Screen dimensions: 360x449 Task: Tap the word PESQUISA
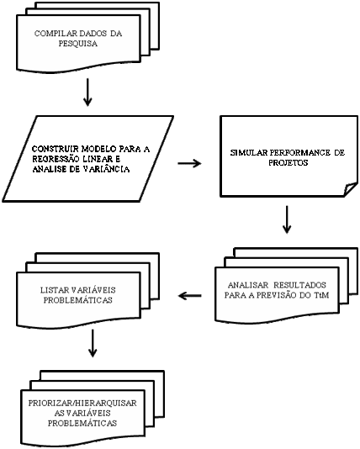[x=78, y=44]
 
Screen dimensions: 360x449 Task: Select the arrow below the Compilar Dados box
[x=87, y=92]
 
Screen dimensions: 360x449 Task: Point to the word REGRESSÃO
[x=56, y=159]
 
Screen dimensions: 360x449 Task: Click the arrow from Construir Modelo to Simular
[x=189, y=163]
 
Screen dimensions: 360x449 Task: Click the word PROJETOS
[x=289, y=162]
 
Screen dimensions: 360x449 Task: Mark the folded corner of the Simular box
[x=351, y=189]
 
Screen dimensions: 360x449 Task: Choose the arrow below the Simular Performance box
[x=287, y=219]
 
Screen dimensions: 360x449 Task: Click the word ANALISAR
[x=248, y=285]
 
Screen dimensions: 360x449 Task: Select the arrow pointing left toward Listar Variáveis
[x=189, y=295]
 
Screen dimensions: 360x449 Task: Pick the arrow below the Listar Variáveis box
[x=93, y=343]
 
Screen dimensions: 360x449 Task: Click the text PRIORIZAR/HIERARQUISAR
[x=82, y=404]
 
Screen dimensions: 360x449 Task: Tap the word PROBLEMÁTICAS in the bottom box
[x=82, y=423]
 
